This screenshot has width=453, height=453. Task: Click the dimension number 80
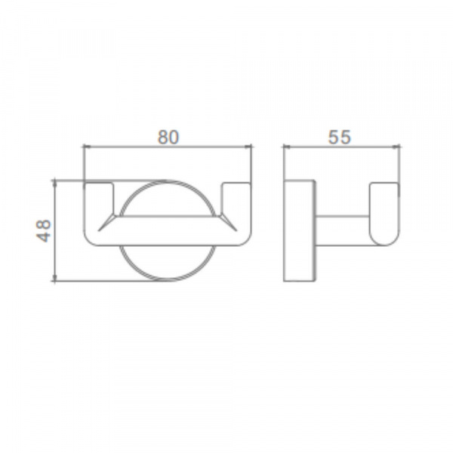(168, 137)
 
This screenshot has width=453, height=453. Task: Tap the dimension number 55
(340, 137)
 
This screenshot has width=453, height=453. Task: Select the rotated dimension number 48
(44, 231)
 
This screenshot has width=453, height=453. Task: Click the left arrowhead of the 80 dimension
(87, 146)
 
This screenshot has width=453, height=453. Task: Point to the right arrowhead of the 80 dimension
(248, 146)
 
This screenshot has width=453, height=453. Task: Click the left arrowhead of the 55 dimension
(287, 146)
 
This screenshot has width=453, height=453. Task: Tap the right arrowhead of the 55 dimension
(396, 146)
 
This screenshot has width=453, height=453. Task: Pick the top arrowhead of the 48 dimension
(54, 183)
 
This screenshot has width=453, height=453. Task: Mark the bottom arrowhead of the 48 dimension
(54, 277)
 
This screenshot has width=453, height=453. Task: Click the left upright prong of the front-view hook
(99, 199)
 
